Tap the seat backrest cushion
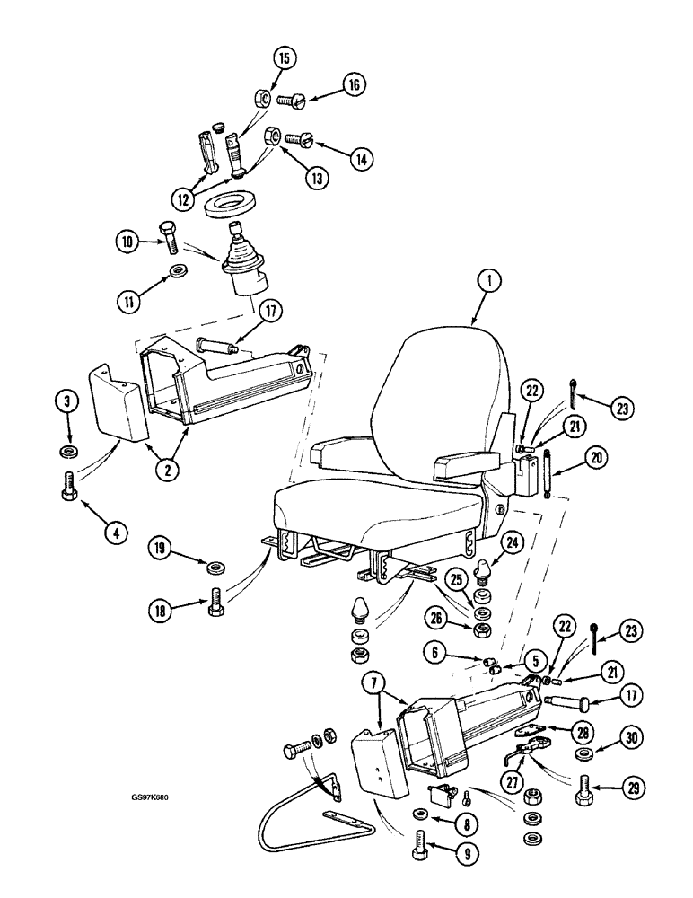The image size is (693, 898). coord(438,395)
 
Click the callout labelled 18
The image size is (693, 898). coord(162,611)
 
